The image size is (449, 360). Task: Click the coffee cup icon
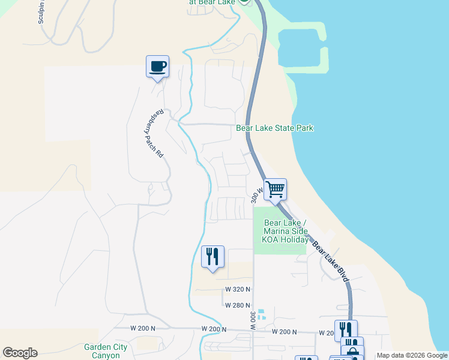click(157, 66)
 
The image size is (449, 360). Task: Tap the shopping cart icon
click(275, 190)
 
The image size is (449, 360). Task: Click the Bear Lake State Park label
click(274, 128)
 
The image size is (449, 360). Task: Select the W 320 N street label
click(238, 289)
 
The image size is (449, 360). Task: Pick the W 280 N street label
click(238, 305)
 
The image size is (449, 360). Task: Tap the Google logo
click(20, 353)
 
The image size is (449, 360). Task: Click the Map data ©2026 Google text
click(411, 355)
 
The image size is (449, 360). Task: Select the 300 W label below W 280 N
click(252, 322)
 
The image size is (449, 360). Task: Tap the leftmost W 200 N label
click(143, 328)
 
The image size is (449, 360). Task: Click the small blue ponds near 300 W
click(261, 314)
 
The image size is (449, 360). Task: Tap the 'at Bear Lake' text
click(212, 2)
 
